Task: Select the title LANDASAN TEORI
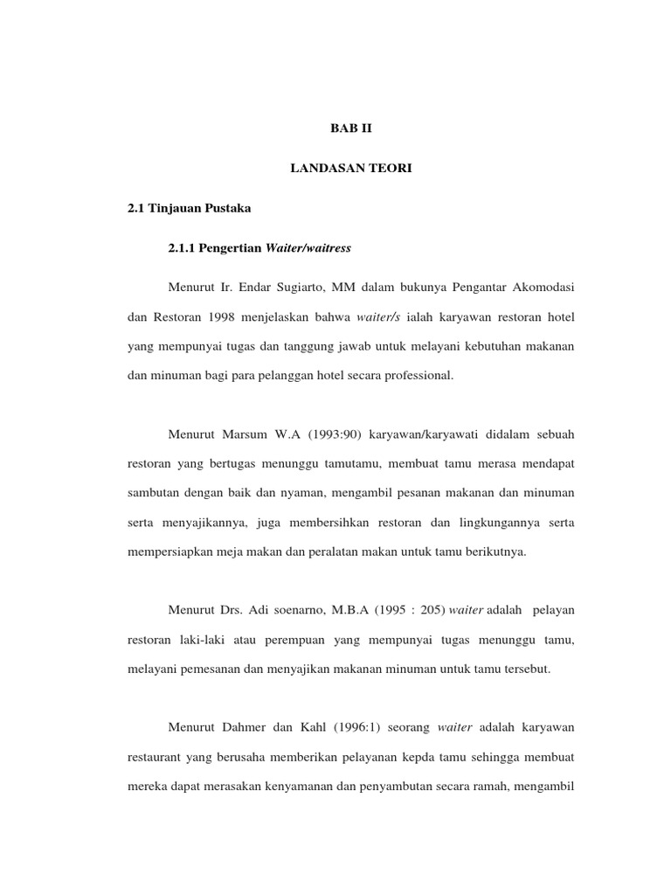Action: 350,168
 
